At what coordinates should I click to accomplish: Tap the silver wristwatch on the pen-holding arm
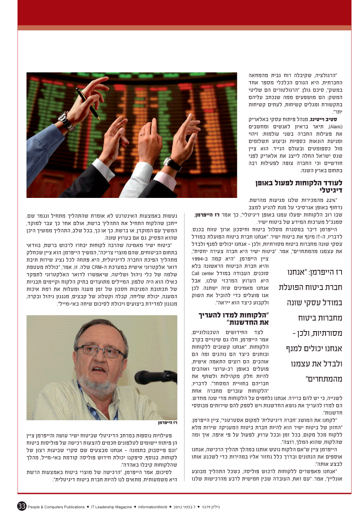point(66,122)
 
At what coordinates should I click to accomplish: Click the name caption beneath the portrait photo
point(168,422)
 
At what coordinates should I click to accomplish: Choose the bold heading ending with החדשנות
point(234,319)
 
